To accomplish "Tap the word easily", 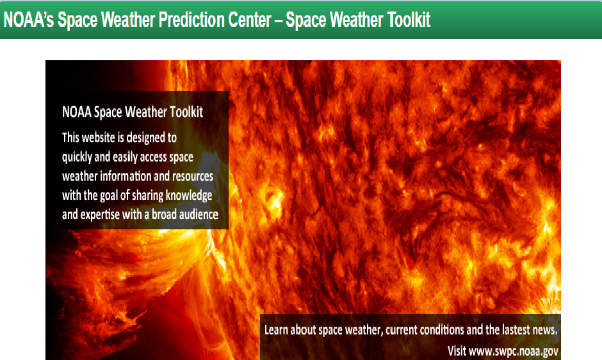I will pos(132,156).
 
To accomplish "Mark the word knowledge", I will pos(190,195).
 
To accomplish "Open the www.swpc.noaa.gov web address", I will pos(514,350).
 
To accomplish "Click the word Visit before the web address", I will pos(456,350).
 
